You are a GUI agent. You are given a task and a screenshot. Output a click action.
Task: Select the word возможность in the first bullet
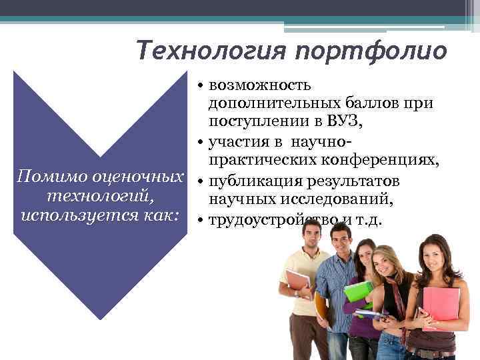[259, 85]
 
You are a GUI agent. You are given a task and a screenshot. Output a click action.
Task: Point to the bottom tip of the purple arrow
[101, 319]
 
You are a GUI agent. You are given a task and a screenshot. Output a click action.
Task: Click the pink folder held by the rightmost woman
[441, 303]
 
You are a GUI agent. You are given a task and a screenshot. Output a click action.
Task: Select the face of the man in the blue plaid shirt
[341, 240]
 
